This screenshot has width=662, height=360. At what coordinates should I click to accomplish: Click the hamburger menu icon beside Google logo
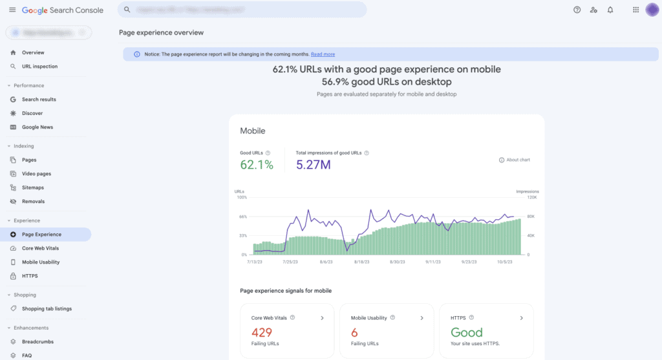click(12, 10)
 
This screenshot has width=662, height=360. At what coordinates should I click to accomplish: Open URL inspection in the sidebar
click(39, 67)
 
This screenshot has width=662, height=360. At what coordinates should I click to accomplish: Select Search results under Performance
click(39, 100)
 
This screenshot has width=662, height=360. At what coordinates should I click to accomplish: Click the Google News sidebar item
click(37, 127)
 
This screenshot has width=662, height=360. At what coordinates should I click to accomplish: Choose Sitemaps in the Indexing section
click(33, 187)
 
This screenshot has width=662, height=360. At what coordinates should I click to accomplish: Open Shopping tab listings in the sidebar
click(47, 309)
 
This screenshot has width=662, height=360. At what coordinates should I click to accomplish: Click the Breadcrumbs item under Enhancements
click(37, 342)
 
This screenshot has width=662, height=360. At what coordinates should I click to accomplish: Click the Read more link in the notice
click(323, 54)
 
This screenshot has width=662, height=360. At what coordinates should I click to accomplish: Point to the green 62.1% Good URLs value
click(257, 165)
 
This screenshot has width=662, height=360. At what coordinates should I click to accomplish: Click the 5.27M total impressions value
click(314, 165)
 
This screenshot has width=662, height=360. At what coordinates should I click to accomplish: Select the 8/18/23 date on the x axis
click(362, 262)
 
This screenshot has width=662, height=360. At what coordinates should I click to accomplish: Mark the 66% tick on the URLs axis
click(243, 217)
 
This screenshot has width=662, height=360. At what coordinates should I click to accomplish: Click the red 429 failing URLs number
click(262, 333)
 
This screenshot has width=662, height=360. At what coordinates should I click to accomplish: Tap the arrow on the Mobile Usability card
click(422, 318)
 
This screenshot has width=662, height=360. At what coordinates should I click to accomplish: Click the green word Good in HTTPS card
click(466, 333)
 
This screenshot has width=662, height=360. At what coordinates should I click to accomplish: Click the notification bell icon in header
click(610, 10)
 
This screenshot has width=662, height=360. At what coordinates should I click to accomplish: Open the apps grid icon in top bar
click(635, 10)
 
